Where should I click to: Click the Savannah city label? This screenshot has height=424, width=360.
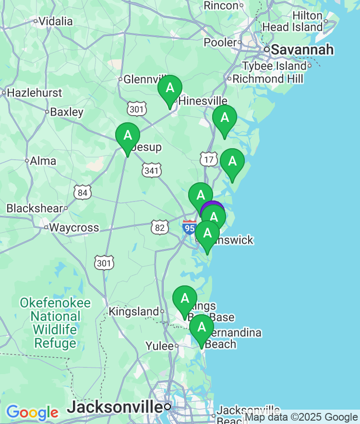(302, 49)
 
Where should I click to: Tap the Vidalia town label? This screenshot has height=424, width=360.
(55, 21)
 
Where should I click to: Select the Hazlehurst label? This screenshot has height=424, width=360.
(35, 93)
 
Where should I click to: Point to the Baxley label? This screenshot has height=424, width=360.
(67, 112)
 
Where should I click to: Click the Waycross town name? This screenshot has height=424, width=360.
(74, 227)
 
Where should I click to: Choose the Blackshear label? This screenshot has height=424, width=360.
(35, 209)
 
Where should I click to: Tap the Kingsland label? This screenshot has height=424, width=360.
(133, 312)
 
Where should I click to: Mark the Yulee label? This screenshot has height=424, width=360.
(159, 346)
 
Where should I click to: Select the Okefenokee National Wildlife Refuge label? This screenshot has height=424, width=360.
(55, 323)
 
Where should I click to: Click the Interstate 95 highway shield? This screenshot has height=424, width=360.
(190, 227)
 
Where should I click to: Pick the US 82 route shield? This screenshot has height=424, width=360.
(159, 227)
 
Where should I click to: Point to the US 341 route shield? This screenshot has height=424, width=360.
(152, 170)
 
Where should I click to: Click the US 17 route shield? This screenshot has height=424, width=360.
(209, 159)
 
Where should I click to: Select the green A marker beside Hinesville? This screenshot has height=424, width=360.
(170, 89)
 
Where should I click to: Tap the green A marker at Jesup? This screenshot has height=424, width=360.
(128, 136)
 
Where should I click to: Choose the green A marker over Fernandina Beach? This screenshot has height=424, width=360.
(202, 328)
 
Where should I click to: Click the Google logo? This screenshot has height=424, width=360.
(32, 412)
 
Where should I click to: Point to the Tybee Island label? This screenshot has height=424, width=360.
(274, 66)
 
